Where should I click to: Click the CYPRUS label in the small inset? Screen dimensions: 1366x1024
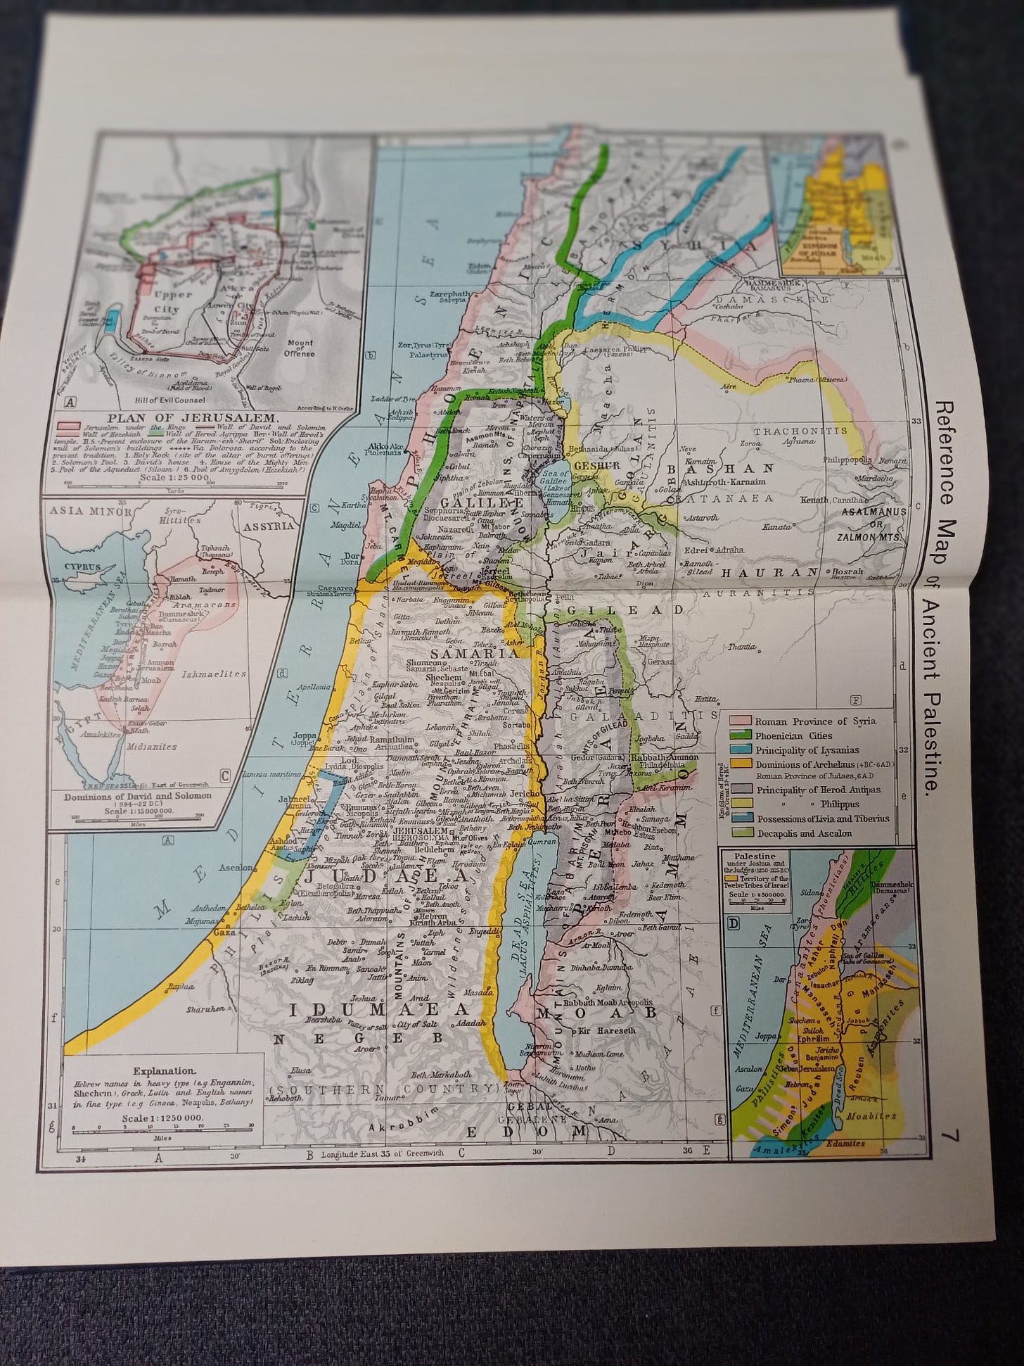tap(83, 566)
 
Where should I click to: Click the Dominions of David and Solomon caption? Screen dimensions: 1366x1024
tap(137, 797)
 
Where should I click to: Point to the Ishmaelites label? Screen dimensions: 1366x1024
tap(204, 673)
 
